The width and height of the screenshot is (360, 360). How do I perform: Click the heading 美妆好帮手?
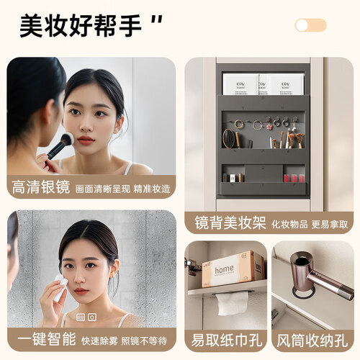[x=80, y=26]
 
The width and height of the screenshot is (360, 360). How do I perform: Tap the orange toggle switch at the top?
[x=310, y=25]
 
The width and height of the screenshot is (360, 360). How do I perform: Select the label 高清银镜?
[x=41, y=187]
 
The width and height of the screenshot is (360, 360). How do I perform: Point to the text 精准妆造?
[x=152, y=189]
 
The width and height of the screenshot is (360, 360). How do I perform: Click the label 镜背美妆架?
[x=230, y=223]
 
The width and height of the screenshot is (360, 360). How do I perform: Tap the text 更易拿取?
[x=330, y=225]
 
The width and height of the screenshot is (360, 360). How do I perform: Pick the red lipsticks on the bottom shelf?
[x=294, y=178]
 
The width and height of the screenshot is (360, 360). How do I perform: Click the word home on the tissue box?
[x=224, y=269]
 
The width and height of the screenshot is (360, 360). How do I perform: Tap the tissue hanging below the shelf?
[x=233, y=303]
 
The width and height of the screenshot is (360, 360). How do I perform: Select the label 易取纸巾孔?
[x=226, y=341]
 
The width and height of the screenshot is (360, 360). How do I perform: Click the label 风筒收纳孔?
[x=312, y=341]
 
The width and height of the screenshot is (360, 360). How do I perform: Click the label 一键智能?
[x=47, y=339]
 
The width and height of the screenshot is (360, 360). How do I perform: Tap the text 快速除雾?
[x=99, y=341]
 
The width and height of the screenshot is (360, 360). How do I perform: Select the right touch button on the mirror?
[x=92, y=318]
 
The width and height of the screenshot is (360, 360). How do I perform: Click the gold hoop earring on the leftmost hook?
[x=239, y=124]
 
